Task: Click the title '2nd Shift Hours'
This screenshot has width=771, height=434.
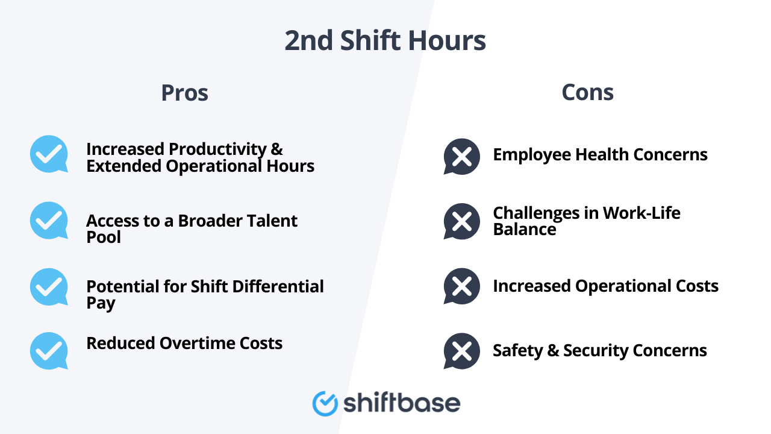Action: click(385, 41)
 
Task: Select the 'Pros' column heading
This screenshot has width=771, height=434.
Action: click(184, 93)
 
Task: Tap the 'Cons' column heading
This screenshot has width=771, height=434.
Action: click(587, 92)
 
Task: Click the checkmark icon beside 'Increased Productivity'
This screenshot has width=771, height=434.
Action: click(49, 154)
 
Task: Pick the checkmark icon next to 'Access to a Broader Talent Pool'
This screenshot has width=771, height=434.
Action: click(49, 221)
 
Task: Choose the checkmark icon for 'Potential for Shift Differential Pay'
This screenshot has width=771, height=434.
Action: click(49, 287)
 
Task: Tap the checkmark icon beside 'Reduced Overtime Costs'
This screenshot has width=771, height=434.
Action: click(49, 350)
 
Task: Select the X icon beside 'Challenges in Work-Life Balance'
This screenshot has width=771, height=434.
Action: click(461, 221)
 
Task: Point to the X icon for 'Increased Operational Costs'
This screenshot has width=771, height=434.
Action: click(461, 286)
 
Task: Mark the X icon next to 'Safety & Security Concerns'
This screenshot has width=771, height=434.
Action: click(461, 351)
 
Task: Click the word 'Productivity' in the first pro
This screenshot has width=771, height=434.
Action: click(214, 149)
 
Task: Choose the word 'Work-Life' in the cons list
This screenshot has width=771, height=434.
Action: click(641, 213)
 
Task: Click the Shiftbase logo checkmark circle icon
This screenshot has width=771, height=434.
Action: click(325, 403)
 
